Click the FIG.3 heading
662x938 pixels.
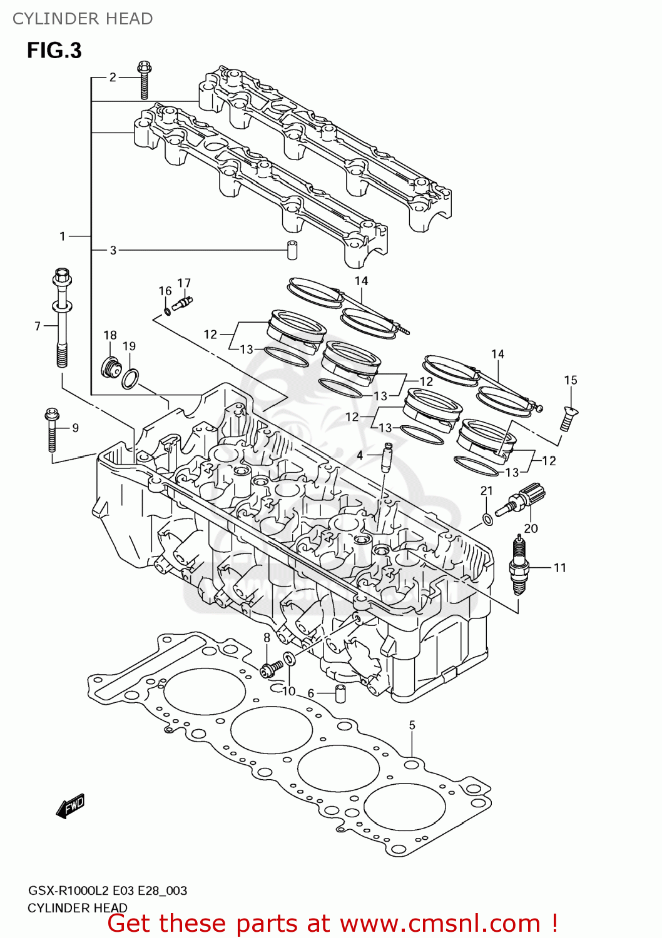54,51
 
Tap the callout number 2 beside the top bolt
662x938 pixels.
113,77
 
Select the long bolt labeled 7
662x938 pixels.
62,319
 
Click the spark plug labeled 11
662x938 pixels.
519,566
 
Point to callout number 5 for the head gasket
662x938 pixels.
412,725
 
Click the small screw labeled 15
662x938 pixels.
568,418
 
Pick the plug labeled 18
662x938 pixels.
111,368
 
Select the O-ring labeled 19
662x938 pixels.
130,378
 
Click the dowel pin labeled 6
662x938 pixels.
340,693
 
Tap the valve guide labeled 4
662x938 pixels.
387,458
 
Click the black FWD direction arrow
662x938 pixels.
70,806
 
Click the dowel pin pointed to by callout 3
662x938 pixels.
292,249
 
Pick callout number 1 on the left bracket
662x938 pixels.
63,236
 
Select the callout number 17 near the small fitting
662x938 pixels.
184,283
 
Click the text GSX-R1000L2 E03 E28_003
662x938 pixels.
107,890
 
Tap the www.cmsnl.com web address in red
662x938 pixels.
440,924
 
